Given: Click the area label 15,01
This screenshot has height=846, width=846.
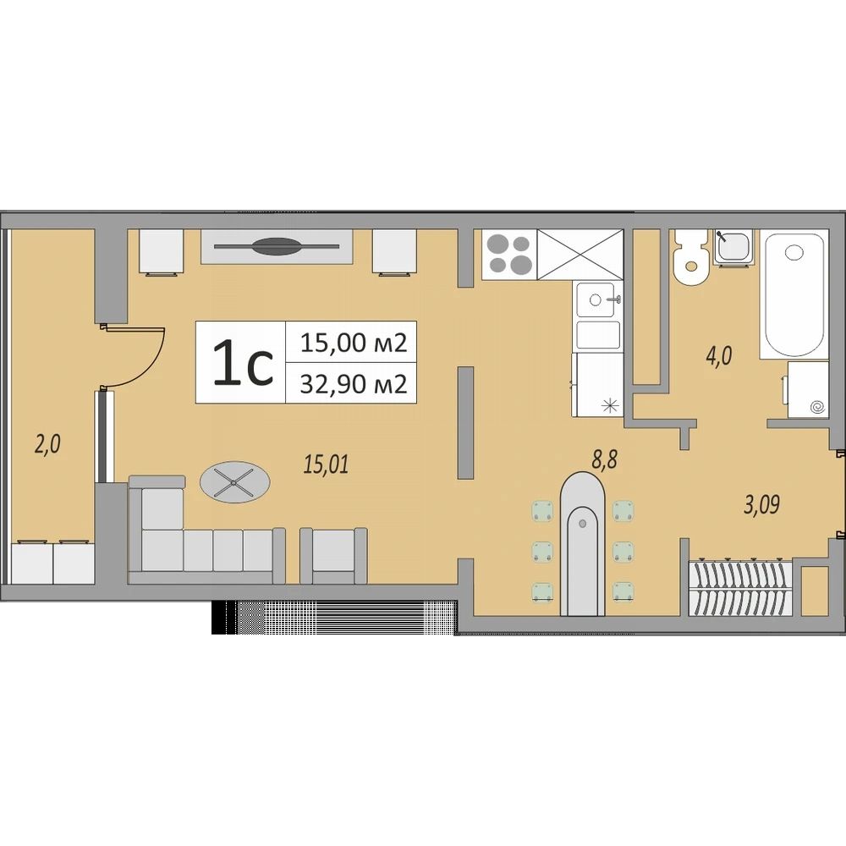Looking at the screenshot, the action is (327, 464).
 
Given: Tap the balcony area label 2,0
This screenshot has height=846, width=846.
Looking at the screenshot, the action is (47, 446).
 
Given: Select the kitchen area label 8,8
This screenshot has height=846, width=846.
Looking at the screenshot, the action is (604, 460).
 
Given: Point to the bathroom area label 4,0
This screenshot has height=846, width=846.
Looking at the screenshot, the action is (719, 357).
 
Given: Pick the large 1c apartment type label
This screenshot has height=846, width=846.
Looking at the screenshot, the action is (243, 363).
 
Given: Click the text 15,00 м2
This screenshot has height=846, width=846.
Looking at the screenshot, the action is (354, 343).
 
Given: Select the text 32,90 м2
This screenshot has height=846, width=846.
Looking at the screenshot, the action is (354, 383).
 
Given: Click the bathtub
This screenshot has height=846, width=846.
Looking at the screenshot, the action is (794, 294).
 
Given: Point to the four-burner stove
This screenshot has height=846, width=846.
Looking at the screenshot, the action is (509, 254).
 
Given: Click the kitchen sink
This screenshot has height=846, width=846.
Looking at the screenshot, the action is (598, 299).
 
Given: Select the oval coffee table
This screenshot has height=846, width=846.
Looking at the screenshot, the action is (235, 482).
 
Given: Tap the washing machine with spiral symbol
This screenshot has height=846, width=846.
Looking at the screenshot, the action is (807, 389).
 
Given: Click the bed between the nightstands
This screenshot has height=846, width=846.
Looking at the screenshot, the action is (277, 246).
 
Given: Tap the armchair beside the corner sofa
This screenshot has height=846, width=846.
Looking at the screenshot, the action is (333, 555).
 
